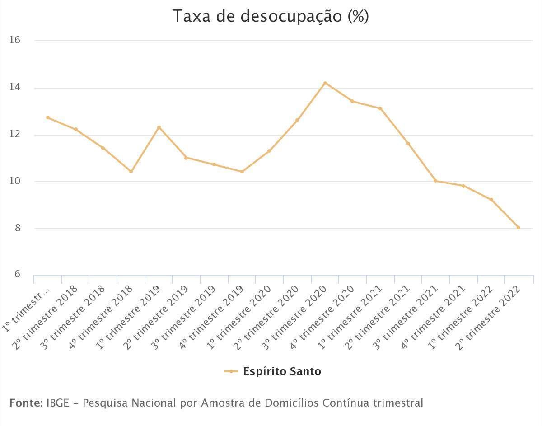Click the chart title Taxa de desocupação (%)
point(271,16)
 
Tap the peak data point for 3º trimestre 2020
point(325,83)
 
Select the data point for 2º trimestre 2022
point(519,228)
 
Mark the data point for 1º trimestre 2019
point(159,127)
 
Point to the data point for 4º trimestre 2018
point(131,172)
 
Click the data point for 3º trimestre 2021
point(435,181)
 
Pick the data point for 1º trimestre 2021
point(380,108)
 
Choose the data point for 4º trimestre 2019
point(242,172)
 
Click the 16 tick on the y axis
point(15,40)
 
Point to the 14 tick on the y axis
point(15,87)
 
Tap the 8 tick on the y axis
point(18,228)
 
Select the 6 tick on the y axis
point(18,275)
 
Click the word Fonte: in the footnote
point(26,403)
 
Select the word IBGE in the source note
point(58,403)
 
